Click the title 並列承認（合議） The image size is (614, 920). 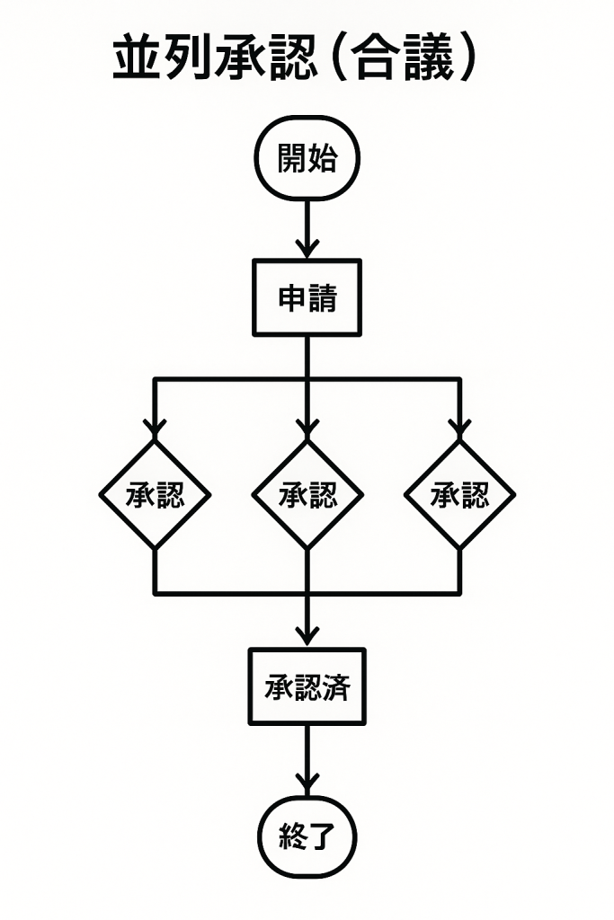pos(293,60)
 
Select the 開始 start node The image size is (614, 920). pos(307,160)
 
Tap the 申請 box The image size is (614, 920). pos(307,298)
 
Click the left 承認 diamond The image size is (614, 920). pos(155,494)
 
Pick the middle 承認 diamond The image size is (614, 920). pos(307,494)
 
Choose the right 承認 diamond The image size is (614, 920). pos(459,494)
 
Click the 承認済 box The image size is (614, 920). pos(307,687)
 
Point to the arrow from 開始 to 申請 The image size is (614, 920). pos(307,228)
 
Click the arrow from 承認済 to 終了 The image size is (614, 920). pos(307,759)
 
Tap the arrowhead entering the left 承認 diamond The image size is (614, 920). pos(155,428)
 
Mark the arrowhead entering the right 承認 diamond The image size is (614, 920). pos(459,428)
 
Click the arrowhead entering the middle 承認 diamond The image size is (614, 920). pos(307,428)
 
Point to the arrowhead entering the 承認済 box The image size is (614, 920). pos(307,634)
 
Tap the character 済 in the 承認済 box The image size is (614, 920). pos(338,688)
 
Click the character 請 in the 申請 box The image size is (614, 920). pos(323,298)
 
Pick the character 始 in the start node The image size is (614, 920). pos(323,160)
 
